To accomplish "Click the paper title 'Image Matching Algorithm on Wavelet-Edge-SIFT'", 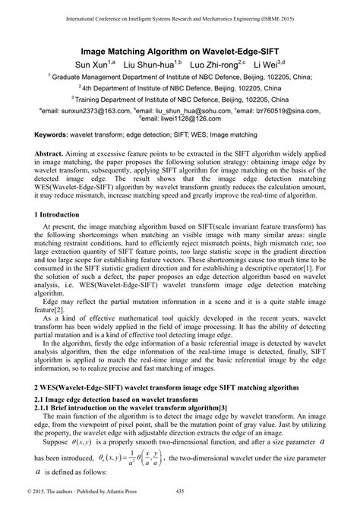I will [179, 48].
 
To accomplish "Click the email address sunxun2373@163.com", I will [84, 110].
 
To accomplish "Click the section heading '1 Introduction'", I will [62, 217].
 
